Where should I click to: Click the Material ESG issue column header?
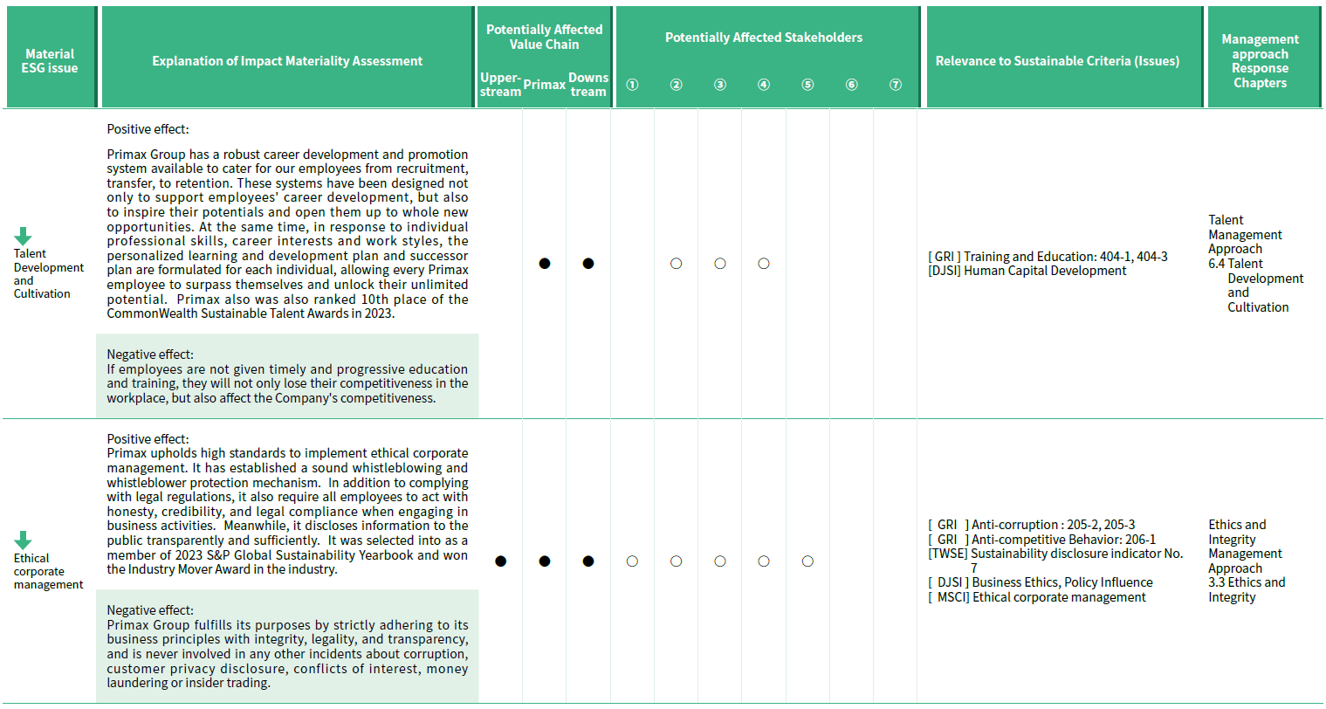(x=50, y=61)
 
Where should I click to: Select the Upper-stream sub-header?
(x=500, y=85)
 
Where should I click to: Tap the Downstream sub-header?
(x=588, y=85)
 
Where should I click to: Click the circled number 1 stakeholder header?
(x=632, y=85)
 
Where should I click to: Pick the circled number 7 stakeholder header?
(x=895, y=85)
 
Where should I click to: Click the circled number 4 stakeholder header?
(x=764, y=85)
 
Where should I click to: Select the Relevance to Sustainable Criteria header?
(x=1057, y=61)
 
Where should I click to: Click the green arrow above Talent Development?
(x=23, y=236)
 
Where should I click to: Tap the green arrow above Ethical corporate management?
(x=23, y=540)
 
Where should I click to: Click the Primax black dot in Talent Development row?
(x=545, y=264)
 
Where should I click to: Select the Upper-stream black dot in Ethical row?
(x=500, y=561)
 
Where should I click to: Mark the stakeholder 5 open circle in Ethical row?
(x=807, y=561)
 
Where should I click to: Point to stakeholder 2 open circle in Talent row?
(x=676, y=264)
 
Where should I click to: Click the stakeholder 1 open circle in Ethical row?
(x=632, y=561)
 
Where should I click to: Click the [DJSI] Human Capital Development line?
(x=1027, y=271)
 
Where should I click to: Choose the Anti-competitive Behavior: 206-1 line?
(x=1041, y=540)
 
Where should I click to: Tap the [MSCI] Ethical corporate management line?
(x=1037, y=597)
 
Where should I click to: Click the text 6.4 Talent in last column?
(x=1235, y=264)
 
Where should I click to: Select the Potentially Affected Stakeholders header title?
(x=764, y=38)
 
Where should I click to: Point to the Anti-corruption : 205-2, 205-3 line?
(x=1032, y=525)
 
